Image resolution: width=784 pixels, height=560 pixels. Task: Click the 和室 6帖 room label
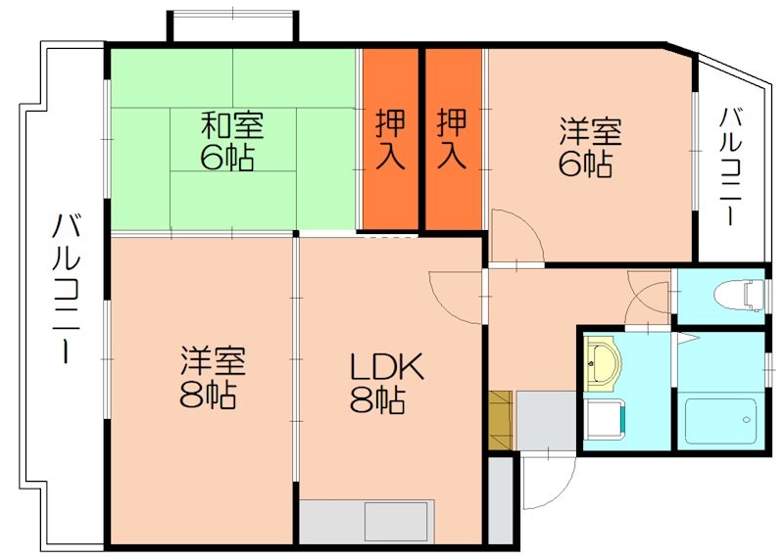[x=232, y=142]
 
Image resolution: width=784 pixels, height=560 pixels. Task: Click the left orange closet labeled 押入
[x=390, y=139]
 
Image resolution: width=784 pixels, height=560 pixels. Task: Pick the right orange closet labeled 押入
[x=451, y=139]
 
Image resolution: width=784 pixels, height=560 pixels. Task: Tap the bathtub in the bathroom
[x=720, y=421]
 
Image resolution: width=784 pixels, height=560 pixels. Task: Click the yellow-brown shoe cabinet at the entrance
[x=500, y=419]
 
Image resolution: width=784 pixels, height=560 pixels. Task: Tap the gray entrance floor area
[x=545, y=419]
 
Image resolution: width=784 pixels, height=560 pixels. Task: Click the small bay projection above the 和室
[x=232, y=26]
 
